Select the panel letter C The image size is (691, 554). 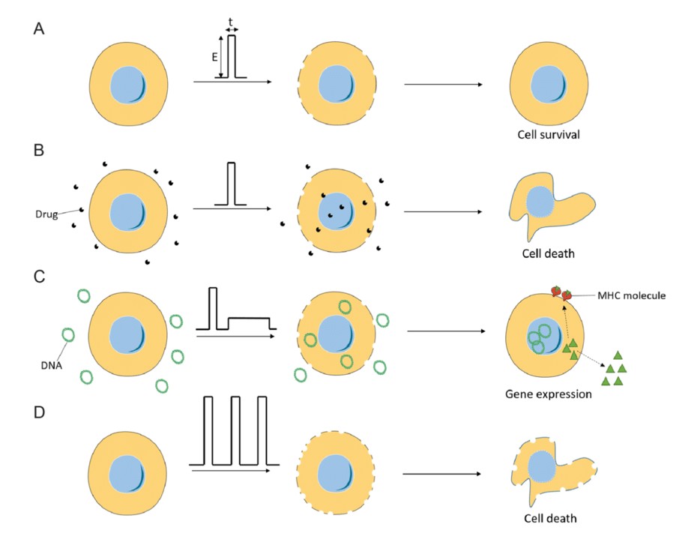point(39,277)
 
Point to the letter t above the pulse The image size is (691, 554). point(232,20)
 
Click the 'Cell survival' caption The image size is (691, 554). point(549,136)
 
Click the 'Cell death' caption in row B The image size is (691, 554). point(548,253)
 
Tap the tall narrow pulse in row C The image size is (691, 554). point(213,307)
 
